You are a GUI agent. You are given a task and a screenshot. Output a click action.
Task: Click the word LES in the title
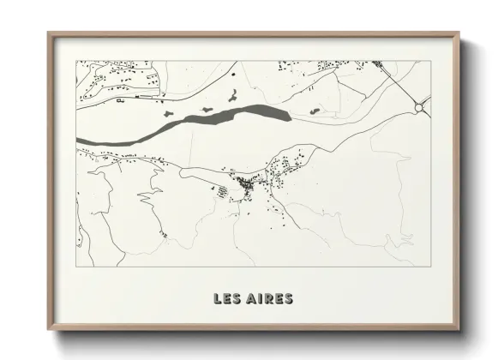227,299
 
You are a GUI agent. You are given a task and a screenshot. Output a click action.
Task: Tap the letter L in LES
219,299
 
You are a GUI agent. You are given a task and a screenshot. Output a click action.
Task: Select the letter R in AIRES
270,299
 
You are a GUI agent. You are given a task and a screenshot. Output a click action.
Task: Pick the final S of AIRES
289,299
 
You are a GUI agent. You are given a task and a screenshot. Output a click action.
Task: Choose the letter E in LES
227,299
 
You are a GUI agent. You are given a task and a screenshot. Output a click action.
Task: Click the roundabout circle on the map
421,106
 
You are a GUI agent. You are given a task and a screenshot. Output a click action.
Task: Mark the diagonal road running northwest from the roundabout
399,81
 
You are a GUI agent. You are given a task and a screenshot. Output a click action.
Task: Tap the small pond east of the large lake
315,111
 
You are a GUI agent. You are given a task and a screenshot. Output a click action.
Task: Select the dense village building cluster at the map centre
249,183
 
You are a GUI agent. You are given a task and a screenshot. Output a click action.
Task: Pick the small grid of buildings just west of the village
222,194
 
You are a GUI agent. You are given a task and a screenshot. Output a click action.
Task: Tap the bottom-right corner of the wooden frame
459,328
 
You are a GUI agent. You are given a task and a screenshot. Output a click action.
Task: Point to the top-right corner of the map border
429,61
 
